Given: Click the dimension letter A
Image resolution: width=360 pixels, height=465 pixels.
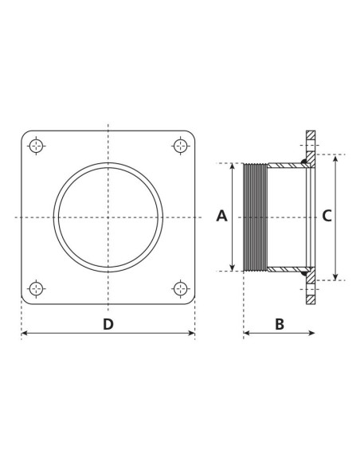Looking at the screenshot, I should pyautogui.click(x=222, y=216).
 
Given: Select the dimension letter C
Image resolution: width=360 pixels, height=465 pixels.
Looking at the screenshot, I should pyautogui.click(x=326, y=216).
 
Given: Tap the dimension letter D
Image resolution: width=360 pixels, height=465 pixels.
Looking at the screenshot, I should pyautogui.click(x=108, y=324).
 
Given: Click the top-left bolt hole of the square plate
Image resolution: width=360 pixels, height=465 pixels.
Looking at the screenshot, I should pyautogui.click(x=36, y=146).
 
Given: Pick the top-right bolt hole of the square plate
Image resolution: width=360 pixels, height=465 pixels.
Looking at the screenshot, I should pyautogui.click(x=181, y=146).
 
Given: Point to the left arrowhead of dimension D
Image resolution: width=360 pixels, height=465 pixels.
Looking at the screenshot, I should pyautogui.click(x=25, y=333).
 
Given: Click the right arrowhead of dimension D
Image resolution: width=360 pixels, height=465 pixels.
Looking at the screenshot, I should pyautogui.click(x=191, y=333).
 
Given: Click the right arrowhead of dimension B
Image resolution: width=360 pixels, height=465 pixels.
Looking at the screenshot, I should pyautogui.click(x=311, y=333).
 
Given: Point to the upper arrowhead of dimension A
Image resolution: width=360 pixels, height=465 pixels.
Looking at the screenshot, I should pyautogui.click(x=232, y=166).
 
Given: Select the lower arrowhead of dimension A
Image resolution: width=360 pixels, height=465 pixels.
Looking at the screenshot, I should pyautogui.click(x=232, y=268).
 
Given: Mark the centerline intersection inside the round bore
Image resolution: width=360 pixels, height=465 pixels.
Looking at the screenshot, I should pyautogui.click(x=108, y=217).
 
